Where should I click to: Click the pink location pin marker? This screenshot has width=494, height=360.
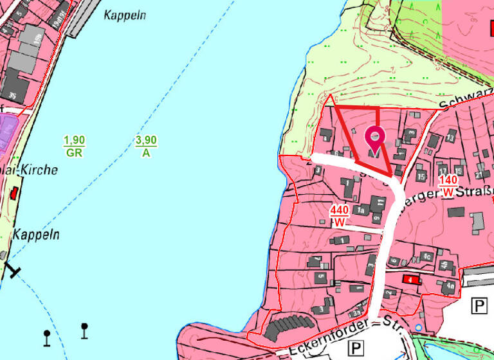click(374, 138)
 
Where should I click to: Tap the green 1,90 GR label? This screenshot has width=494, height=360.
click(75, 147)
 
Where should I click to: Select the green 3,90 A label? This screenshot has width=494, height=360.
click(146, 147)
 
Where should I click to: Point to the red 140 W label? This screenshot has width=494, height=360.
click(448, 186)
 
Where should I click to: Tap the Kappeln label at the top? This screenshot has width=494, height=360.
click(125, 15)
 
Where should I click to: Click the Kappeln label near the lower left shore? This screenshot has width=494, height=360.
click(36, 235)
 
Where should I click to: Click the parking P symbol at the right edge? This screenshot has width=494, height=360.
click(479, 305)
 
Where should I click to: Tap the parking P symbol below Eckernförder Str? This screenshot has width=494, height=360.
click(355, 348)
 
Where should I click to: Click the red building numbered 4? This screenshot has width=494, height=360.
click(409, 279)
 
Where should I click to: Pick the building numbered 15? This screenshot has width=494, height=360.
click(421, 175)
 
